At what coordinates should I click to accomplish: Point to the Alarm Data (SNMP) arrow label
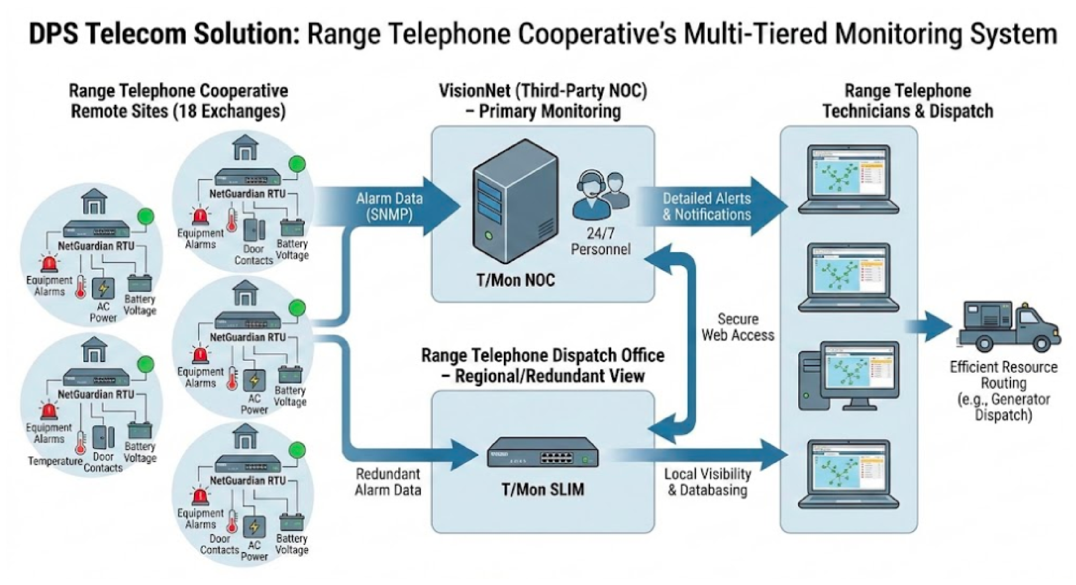point(389,206)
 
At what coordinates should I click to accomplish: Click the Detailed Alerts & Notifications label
point(707,206)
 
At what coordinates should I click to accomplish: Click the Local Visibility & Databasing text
point(708,482)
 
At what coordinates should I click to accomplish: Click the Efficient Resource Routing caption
point(1003,375)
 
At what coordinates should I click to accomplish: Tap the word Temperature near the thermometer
point(55,461)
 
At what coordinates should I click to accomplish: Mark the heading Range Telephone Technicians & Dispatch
point(907,101)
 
